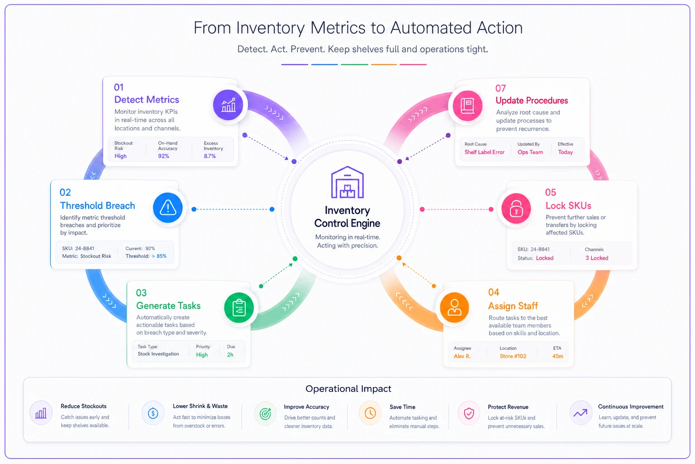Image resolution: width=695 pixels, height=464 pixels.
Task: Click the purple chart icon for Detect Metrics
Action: (228, 105)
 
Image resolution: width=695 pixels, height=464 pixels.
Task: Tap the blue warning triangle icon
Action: (168, 208)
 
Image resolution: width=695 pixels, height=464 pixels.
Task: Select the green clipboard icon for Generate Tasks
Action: (239, 307)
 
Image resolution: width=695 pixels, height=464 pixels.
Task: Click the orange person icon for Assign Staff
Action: (454, 307)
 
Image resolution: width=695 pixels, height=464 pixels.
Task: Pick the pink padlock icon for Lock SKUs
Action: (516, 208)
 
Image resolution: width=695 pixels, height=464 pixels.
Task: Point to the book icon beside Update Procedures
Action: (467, 106)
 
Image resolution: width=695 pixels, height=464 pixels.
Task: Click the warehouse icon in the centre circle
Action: (347, 183)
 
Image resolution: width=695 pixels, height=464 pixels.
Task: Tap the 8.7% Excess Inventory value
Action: (210, 156)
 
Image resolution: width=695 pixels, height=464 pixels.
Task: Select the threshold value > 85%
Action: (159, 256)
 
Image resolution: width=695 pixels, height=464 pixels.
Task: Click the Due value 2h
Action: (230, 355)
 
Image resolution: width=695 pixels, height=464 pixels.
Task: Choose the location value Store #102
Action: (513, 356)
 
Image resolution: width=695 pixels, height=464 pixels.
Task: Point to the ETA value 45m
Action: (557, 356)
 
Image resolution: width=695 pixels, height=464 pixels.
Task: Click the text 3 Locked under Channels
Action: (597, 258)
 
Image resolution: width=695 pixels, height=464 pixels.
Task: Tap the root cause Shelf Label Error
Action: (484, 152)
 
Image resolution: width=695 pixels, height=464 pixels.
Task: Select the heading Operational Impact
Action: (348, 388)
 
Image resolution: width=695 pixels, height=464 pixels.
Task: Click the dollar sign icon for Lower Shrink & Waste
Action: (153, 413)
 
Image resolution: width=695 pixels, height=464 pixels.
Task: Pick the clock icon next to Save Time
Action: (370, 413)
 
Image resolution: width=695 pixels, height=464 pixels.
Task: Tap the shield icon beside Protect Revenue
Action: (469, 413)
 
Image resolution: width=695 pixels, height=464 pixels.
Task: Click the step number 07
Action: (500, 88)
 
